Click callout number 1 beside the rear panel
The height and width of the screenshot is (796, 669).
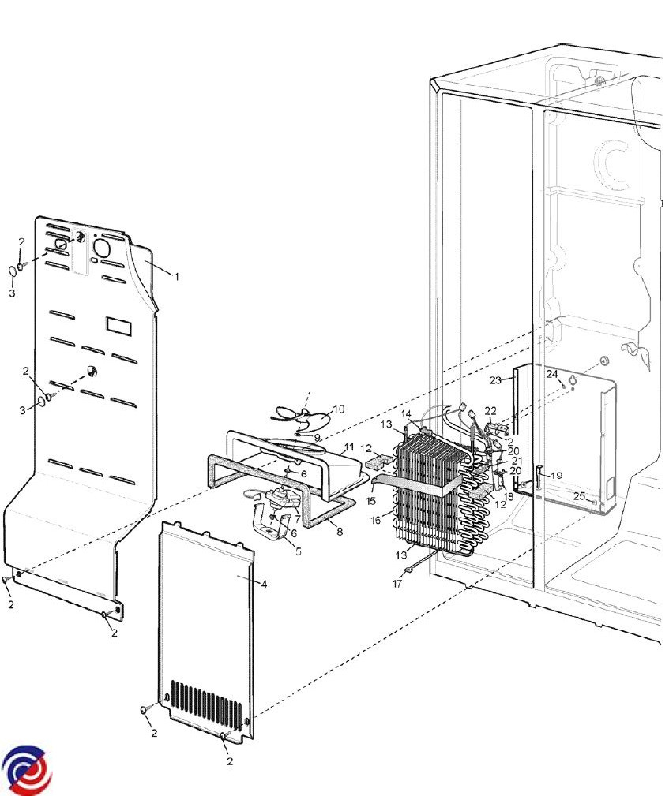[176, 277]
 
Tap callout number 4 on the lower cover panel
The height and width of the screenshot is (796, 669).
[264, 585]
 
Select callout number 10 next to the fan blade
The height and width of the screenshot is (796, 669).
[339, 409]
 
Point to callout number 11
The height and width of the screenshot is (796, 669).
[349, 447]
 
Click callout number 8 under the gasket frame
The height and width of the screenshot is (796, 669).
[340, 532]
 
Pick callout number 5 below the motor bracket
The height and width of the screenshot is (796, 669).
[299, 551]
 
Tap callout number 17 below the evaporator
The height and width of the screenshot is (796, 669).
[397, 584]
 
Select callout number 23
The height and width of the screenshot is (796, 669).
[496, 380]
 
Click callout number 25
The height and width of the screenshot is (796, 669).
[580, 496]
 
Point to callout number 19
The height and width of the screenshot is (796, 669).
[556, 476]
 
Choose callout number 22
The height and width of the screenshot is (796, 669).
[490, 411]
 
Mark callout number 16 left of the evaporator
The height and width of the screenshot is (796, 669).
[376, 521]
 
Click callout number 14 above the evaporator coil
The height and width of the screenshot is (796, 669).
[406, 414]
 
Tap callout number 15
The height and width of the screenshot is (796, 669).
[370, 501]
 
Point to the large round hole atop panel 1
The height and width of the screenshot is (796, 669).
[101, 249]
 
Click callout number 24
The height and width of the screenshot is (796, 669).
[552, 374]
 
